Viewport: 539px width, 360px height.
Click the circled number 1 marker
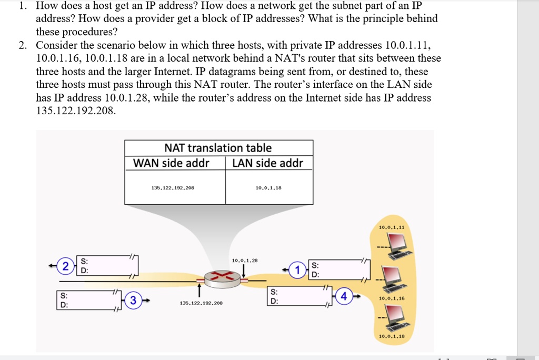tap(298, 270)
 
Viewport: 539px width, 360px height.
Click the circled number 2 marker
tap(66, 266)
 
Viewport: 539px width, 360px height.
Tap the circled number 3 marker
tap(134, 301)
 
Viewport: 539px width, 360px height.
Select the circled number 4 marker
tap(344, 296)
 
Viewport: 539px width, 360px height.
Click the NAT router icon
tap(221, 278)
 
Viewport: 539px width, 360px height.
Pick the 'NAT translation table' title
tap(218, 148)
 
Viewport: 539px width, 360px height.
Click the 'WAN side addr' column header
tap(171, 163)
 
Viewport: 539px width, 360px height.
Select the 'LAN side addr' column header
tap(268, 163)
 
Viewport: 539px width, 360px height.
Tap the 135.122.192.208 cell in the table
tap(173, 187)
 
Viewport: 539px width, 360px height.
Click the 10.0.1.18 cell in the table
tap(268, 187)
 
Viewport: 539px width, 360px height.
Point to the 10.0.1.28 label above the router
tap(244, 260)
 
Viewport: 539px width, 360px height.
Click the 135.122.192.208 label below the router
tap(201, 303)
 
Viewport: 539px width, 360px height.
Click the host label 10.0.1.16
tap(392, 298)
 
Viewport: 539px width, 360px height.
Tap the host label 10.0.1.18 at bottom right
tap(392, 336)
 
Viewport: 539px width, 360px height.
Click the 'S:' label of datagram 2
tap(84, 261)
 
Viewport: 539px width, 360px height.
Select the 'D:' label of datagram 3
tap(64, 305)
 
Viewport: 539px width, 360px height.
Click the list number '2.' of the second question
tap(23, 45)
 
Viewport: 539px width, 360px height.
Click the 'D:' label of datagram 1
tap(315, 274)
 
